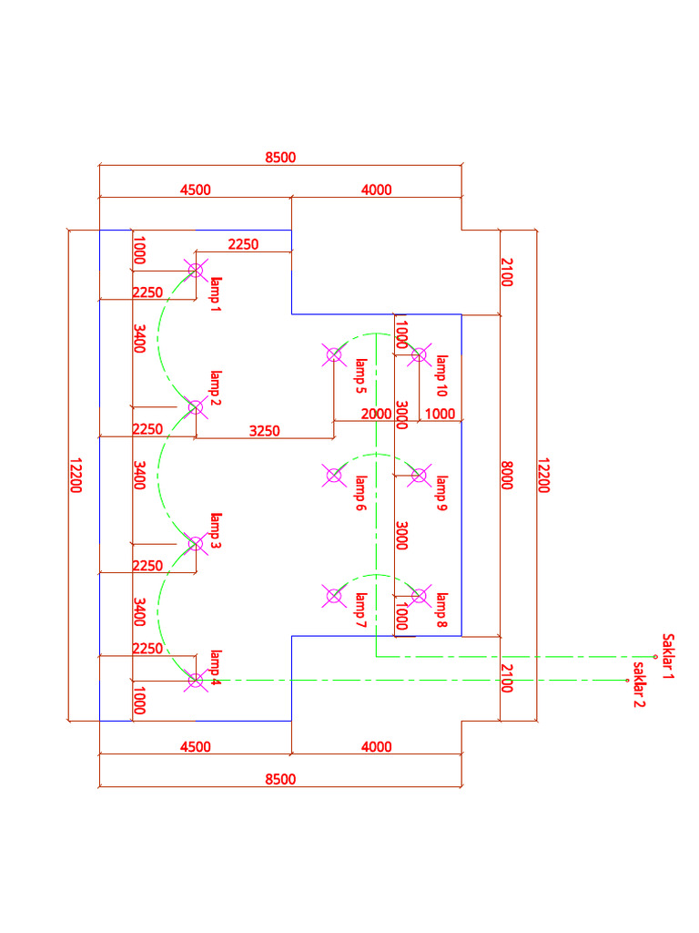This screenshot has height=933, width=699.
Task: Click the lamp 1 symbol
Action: coord(196,269)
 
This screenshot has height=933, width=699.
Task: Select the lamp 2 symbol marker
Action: coord(196,406)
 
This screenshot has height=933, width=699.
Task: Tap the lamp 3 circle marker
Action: coord(196,543)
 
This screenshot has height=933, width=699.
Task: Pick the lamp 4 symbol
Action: coord(196,680)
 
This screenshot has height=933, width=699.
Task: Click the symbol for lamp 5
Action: coord(334,354)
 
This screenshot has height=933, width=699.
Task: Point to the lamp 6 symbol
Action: coord(334,475)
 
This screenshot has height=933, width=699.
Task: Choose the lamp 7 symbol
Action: coord(334,596)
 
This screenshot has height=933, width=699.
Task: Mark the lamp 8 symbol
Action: coord(419,596)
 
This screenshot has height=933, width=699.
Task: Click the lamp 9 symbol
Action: coord(419,475)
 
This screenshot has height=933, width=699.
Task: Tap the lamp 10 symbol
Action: coord(419,354)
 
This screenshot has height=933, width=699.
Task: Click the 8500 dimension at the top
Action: coord(280,158)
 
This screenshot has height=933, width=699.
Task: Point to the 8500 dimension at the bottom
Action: coord(280,779)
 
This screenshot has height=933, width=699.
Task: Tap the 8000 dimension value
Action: coord(507,475)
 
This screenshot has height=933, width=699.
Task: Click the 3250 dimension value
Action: coord(264,430)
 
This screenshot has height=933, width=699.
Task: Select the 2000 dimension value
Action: coord(376,414)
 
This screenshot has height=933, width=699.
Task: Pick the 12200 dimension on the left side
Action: coord(76,475)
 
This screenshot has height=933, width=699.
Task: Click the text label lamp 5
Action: coord(360,374)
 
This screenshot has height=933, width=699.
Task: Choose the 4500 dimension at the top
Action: coord(195,190)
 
